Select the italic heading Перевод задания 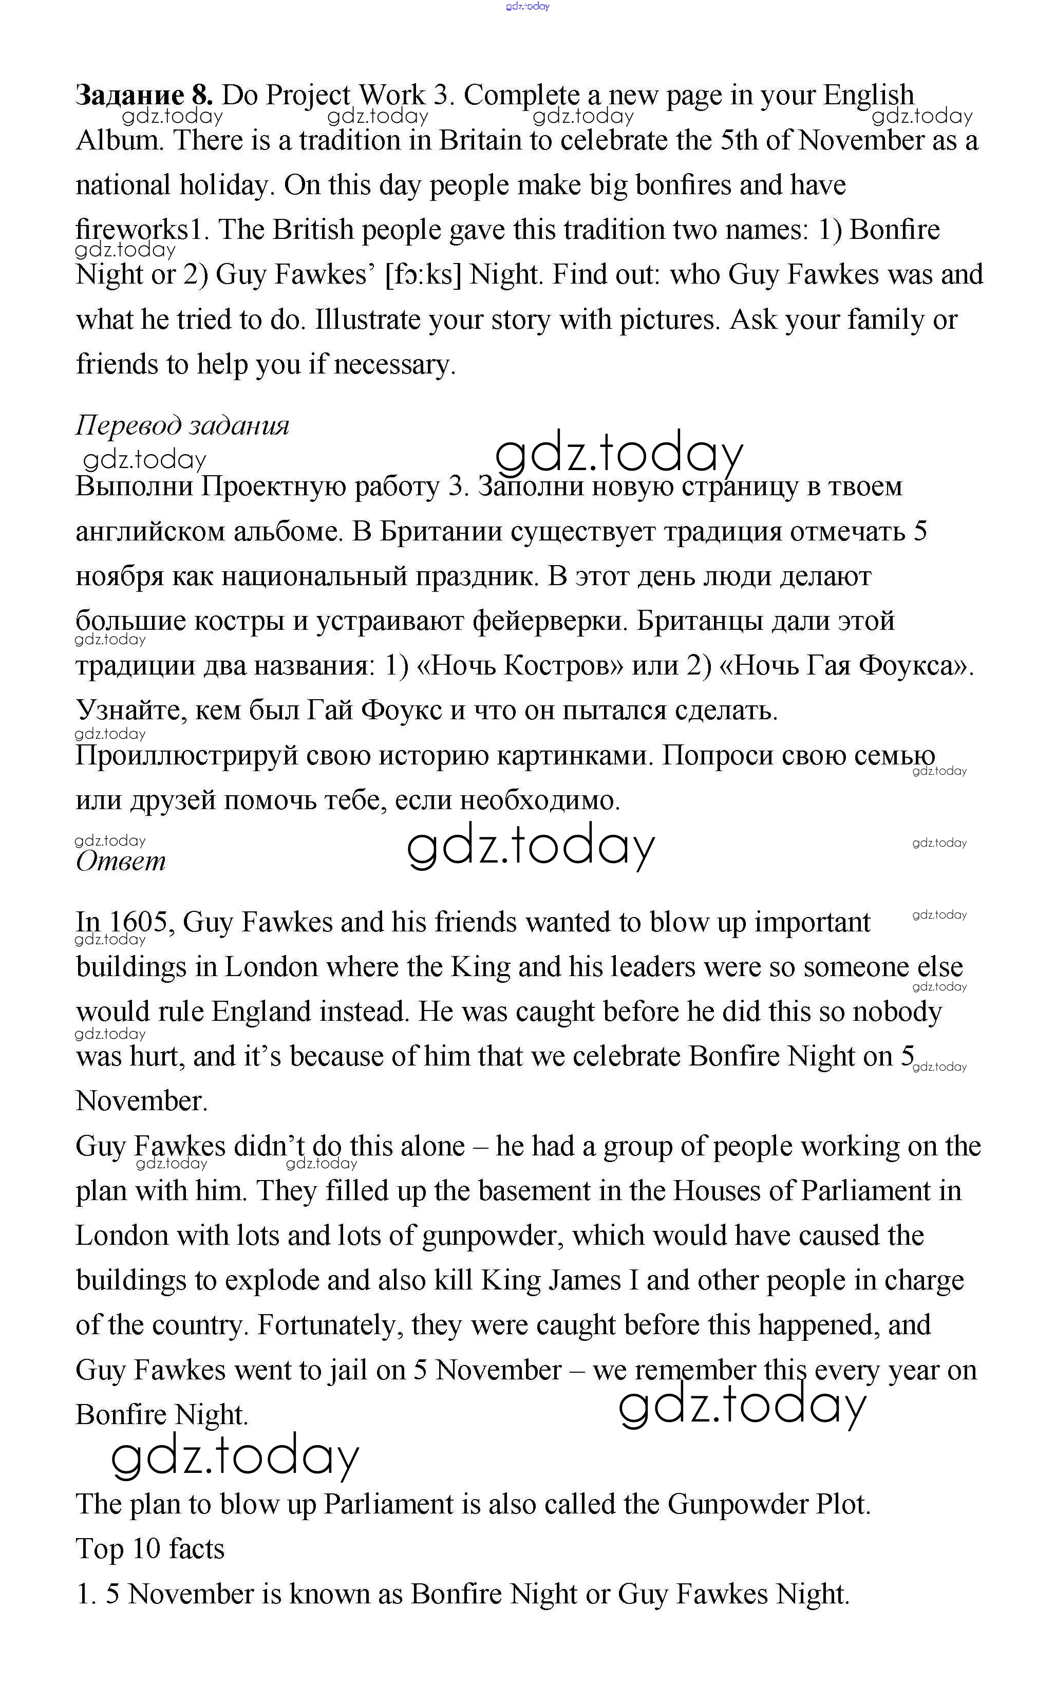182,424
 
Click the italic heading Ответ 121,861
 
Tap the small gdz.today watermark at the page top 527,6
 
